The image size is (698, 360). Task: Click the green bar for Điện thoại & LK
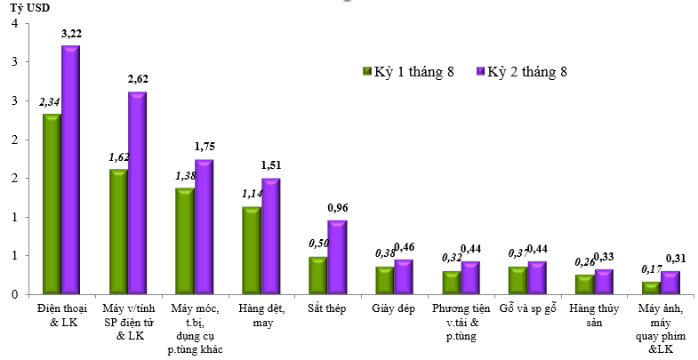52,204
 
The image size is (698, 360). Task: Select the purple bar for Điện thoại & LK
70,170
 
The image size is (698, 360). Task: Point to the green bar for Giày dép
384,280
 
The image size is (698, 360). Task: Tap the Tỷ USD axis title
29,8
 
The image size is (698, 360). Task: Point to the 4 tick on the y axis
14,24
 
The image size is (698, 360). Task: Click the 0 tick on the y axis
14,294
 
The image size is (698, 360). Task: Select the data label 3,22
71,33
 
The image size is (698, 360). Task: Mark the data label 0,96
338,207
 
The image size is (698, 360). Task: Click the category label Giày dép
394,309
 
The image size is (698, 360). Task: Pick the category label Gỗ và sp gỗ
527,309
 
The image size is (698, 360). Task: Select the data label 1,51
271,165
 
